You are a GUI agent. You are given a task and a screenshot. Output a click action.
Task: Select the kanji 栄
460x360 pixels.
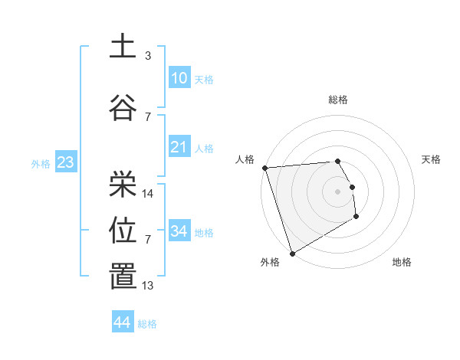click(123, 184)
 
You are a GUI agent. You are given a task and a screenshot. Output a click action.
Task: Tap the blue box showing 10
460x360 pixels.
click(179, 77)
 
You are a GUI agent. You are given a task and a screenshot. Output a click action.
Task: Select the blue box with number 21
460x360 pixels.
click(179, 147)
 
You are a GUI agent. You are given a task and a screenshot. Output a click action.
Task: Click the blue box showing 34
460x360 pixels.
click(179, 231)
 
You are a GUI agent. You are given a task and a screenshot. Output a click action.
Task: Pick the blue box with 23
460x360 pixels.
click(64, 162)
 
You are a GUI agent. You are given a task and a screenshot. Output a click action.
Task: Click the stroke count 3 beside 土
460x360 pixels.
click(148, 56)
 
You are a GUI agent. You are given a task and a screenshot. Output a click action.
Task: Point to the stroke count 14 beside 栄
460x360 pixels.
click(148, 194)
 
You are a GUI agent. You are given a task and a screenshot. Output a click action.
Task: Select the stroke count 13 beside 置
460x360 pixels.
click(148, 286)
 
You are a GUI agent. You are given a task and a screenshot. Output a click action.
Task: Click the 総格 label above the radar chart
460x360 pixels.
click(338, 100)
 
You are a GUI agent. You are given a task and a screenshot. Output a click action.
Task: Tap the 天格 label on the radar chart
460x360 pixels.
click(432, 159)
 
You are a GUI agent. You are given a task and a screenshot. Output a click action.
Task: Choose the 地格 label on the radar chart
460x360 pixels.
click(402, 262)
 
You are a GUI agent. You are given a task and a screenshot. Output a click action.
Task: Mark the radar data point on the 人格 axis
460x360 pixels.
click(264, 168)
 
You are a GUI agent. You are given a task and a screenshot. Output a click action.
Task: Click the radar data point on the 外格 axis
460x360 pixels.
click(292, 253)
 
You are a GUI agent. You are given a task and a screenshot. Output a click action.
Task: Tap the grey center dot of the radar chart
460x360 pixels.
click(338, 191)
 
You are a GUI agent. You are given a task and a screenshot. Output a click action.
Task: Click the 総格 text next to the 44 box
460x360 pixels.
click(147, 324)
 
